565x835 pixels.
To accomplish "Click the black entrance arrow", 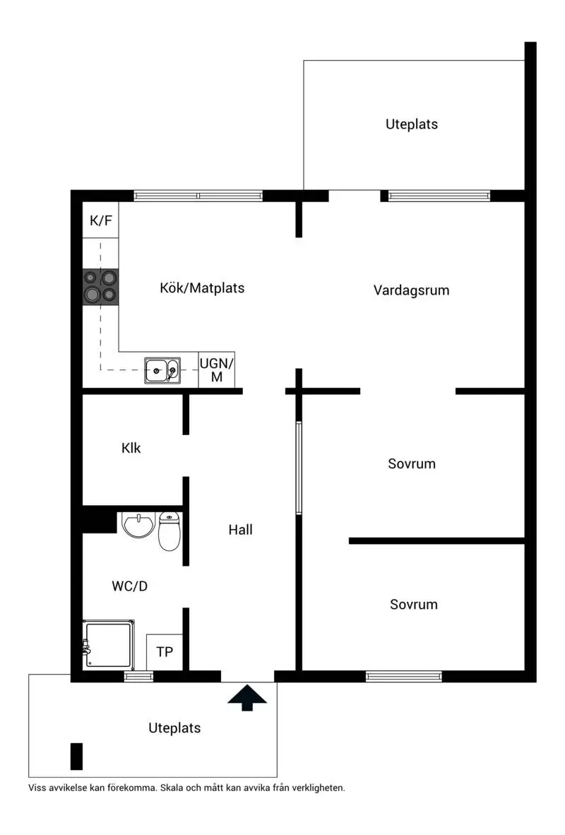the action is click(x=247, y=697).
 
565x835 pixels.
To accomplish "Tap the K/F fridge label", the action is click(x=101, y=220).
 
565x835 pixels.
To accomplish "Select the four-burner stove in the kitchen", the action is click(x=100, y=287).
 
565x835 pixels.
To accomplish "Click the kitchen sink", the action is click(x=162, y=370).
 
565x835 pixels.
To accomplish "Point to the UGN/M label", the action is click(x=216, y=370).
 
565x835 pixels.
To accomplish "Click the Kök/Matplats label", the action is click(x=203, y=288).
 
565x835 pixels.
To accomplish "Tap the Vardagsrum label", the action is click(x=411, y=291).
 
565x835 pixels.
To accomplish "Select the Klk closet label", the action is click(x=131, y=449).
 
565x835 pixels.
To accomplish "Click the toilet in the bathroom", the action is click(x=169, y=531).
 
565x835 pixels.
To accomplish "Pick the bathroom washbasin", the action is click(x=138, y=524).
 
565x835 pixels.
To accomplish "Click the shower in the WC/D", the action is click(x=109, y=644).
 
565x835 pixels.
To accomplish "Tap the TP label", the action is click(x=165, y=652).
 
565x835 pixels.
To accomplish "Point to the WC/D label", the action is click(x=129, y=586).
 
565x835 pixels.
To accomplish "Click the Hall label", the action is click(x=240, y=530).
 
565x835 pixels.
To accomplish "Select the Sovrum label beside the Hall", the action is click(x=412, y=464).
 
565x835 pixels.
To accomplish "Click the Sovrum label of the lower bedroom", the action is click(x=414, y=605).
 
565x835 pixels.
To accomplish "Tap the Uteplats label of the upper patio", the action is click(x=412, y=124).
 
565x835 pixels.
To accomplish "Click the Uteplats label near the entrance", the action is click(x=174, y=728).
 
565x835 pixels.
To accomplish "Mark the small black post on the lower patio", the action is click(x=77, y=756).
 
